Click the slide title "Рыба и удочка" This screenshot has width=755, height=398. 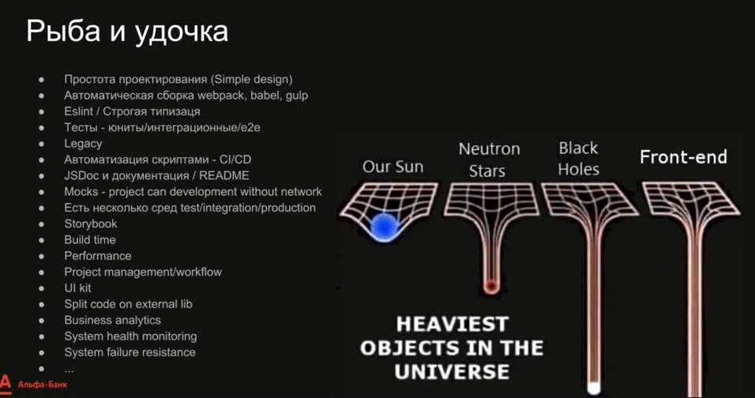(127, 32)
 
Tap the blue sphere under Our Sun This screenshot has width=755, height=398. (385, 225)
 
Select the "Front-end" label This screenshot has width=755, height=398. (683, 157)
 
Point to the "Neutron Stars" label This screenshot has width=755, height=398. (489, 160)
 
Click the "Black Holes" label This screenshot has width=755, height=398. (578, 159)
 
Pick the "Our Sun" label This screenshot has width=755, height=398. (393, 167)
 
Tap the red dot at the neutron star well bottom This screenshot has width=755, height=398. (490, 287)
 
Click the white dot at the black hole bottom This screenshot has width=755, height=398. (594, 388)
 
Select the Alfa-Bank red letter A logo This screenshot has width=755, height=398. (6, 384)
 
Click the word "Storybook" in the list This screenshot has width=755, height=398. (91, 223)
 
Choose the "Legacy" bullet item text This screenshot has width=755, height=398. (83, 144)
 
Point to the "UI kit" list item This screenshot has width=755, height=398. (77, 287)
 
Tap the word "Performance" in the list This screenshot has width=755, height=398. (98, 256)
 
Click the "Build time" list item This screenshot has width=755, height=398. (90, 239)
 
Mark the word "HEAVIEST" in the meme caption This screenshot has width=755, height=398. (453, 325)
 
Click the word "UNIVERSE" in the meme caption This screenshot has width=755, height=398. (452, 371)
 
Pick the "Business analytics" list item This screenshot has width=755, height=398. (113, 320)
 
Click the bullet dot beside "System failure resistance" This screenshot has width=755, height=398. (41, 352)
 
